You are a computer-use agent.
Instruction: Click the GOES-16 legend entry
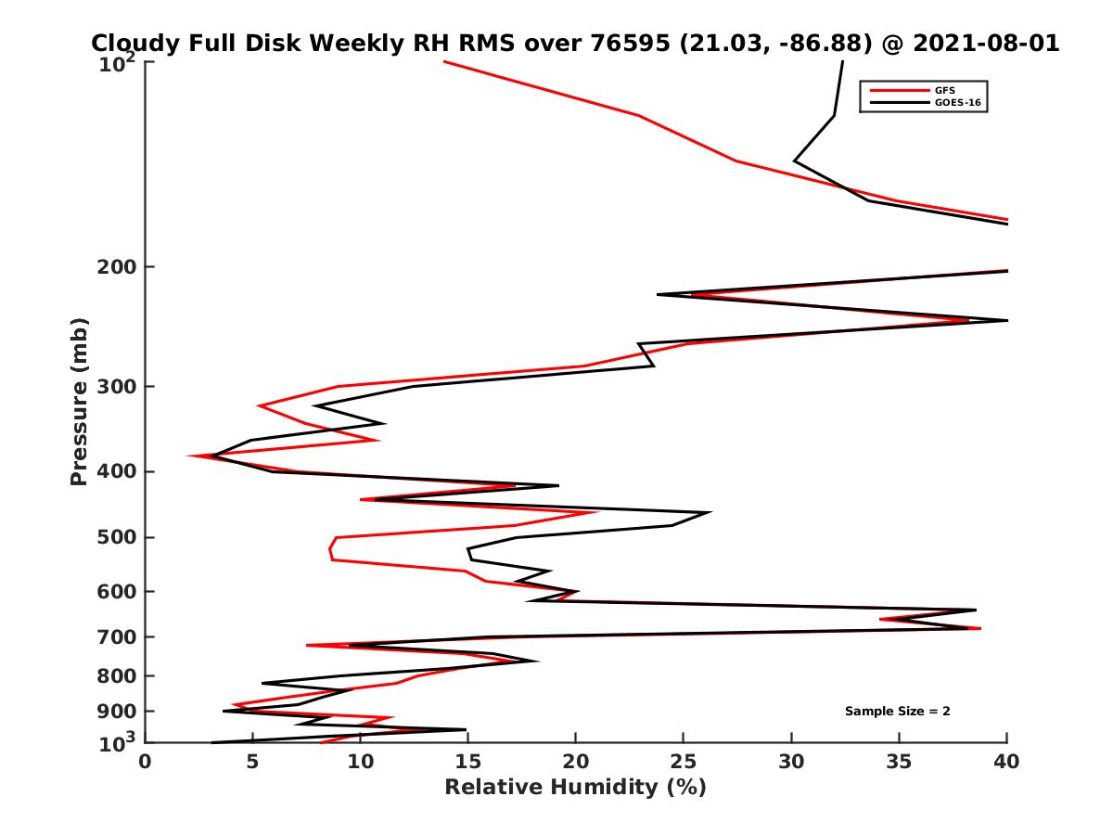pos(954,102)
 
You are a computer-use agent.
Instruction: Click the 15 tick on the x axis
pos(467,762)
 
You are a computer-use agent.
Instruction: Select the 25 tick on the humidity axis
pos(683,762)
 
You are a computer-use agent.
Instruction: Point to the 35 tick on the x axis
pos(899,762)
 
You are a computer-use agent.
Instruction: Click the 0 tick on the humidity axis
pos(146,762)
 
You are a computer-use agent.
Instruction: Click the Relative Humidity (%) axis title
pos(575,788)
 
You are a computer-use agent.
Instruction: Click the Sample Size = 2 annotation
pos(897,712)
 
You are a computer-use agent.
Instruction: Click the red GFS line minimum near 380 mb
pos(189,456)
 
